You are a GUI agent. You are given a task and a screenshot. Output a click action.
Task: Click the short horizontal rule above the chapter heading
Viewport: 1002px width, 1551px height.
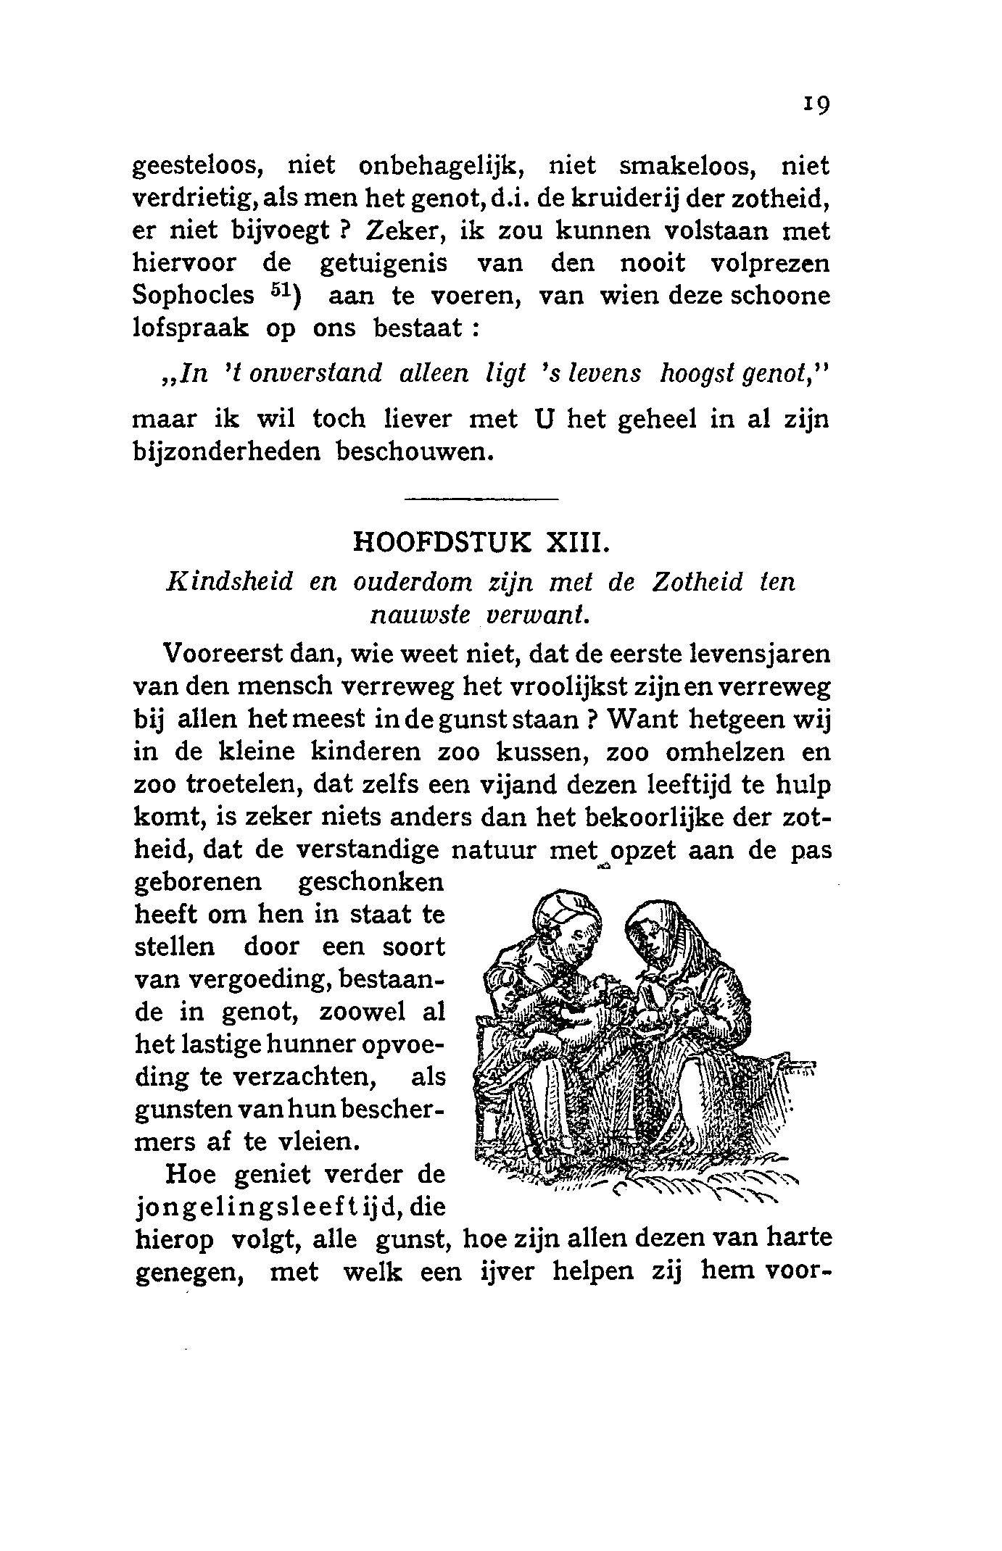tap(481, 499)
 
